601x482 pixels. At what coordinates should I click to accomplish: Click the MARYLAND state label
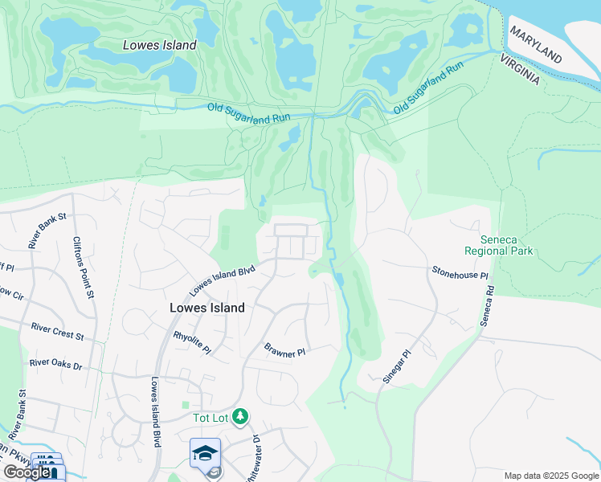tap(534, 45)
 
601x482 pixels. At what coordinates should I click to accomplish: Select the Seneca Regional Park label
tap(506, 245)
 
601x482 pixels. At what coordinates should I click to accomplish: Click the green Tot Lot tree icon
tap(239, 416)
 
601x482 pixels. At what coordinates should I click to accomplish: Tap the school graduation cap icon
tap(205, 453)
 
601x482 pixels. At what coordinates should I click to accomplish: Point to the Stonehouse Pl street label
tap(460, 274)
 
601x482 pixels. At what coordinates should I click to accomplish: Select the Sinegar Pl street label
tap(397, 367)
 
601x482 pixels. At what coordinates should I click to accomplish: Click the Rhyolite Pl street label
tap(192, 344)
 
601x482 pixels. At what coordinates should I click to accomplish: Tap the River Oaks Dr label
tap(55, 365)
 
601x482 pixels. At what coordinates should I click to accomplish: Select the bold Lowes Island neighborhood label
tap(207, 308)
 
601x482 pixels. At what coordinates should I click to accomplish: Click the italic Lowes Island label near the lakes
tap(159, 46)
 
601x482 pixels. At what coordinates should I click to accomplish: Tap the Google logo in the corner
tap(27, 472)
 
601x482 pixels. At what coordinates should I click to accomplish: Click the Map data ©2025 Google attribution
tap(550, 476)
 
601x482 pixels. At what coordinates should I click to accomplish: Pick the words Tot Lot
tap(211, 417)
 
